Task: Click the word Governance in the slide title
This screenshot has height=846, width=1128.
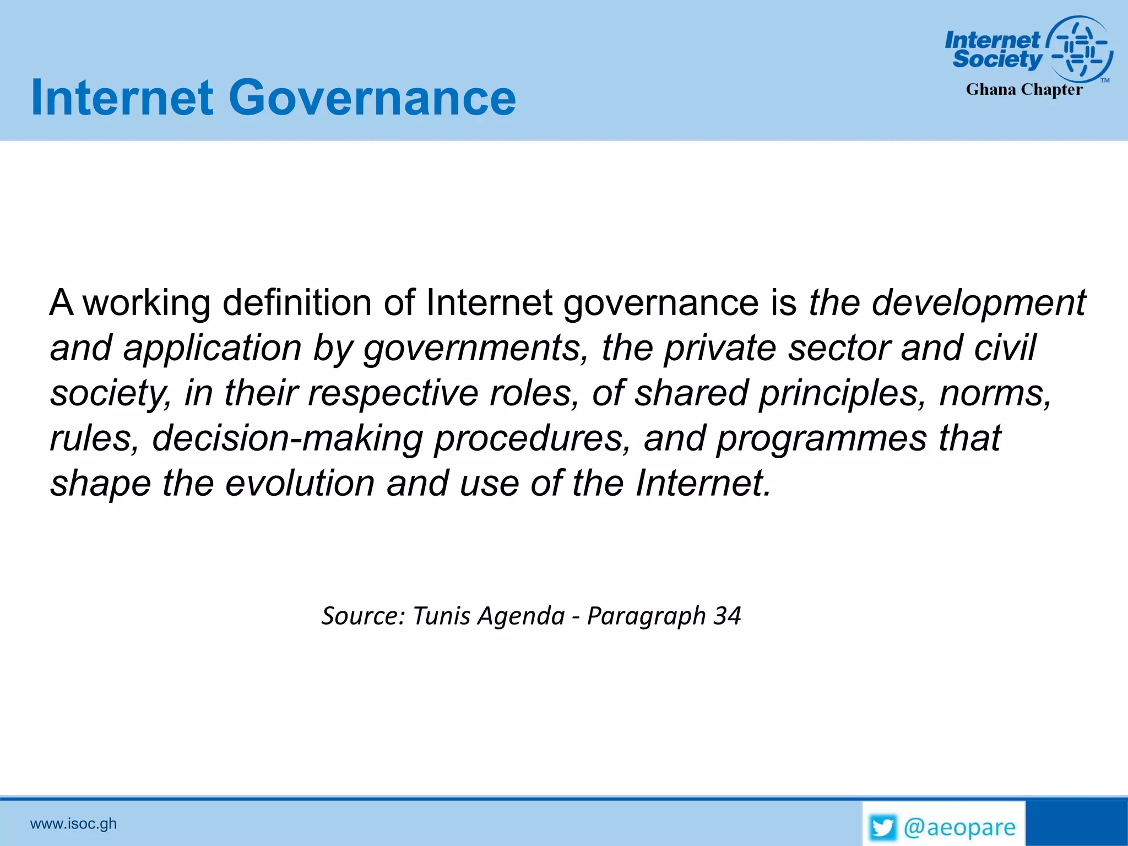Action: pyautogui.click(x=372, y=98)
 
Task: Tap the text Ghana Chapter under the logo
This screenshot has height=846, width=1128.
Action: pyautogui.click(x=1024, y=89)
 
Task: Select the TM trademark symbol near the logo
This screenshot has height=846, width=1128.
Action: pyautogui.click(x=1105, y=80)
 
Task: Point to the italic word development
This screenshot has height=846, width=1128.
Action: pyautogui.click(x=979, y=303)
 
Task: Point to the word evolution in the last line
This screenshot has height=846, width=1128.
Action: pyautogui.click(x=300, y=484)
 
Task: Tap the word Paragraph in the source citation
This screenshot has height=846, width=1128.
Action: pyautogui.click(x=646, y=616)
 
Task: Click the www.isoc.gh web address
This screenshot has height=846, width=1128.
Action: pyautogui.click(x=73, y=824)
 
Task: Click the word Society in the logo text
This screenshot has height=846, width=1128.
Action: pyautogui.click(x=997, y=59)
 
